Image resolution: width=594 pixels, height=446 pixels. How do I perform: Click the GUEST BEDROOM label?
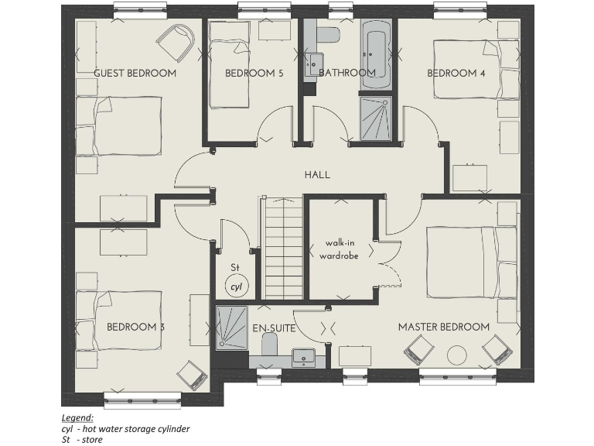(x=135, y=73)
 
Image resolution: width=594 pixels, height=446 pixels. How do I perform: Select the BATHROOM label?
(x=346, y=73)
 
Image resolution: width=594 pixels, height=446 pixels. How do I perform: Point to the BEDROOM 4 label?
(x=456, y=74)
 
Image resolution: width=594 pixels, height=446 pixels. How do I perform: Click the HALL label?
(x=317, y=175)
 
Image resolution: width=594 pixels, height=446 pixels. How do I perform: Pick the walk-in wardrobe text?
(x=341, y=249)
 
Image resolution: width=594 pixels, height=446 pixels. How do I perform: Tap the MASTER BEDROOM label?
(x=443, y=327)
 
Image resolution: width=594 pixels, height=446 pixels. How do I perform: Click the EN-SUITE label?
(x=274, y=329)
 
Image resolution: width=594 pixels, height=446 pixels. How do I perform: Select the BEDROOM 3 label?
(x=135, y=327)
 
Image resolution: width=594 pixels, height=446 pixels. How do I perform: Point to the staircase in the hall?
(x=279, y=248)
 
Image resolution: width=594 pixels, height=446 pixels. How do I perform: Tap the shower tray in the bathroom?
(x=376, y=118)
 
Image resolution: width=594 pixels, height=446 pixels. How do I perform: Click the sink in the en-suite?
(x=304, y=358)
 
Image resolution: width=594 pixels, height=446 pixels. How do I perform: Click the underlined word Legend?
(x=77, y=417)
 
